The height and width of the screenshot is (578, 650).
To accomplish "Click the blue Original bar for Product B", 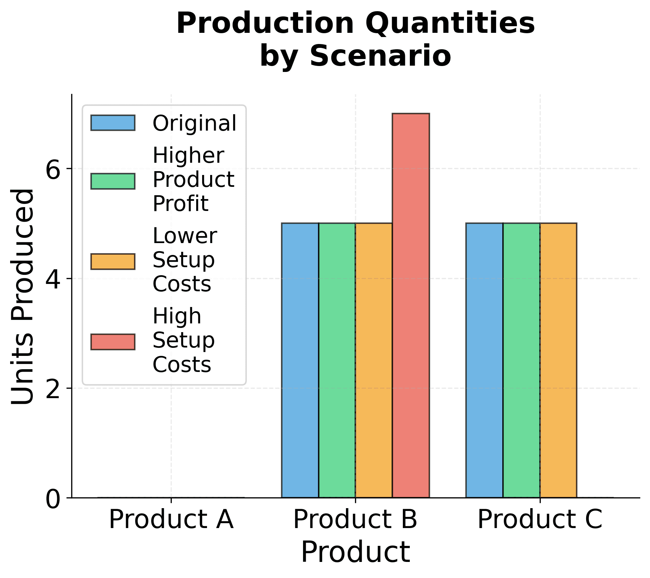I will point(300,360).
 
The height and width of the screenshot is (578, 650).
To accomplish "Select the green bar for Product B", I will point(337,360).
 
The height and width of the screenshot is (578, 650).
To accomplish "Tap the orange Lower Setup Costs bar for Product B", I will point(374,360).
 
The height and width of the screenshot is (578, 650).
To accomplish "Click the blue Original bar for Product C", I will point(484,360).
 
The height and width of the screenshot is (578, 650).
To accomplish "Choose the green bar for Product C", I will point(521,360).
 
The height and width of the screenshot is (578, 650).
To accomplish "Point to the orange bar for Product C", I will point(558,360).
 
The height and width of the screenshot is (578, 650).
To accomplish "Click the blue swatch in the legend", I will point(113,123).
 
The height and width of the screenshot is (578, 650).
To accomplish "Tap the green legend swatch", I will point(113,181).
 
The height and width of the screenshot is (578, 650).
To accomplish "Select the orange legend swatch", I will point(113,262).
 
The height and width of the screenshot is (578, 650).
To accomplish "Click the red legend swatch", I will point(113,342).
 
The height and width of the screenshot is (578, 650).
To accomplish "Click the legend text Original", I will point(194,123).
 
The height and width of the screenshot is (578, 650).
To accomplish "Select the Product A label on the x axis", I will point(171,520).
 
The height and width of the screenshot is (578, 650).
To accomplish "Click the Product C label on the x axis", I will point(540,520).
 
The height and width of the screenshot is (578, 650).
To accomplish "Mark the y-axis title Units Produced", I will point(23,297).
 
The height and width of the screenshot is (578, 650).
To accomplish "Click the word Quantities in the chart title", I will point(450,23).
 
